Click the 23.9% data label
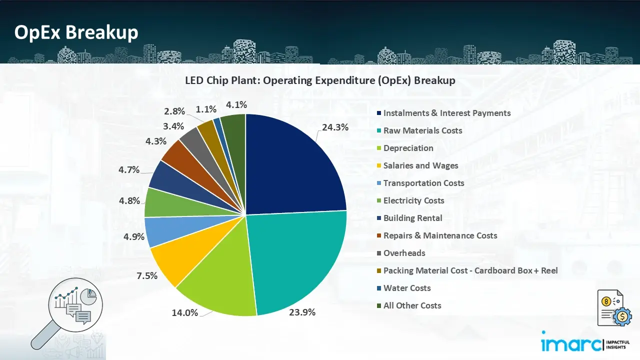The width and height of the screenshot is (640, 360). tap(303, 312)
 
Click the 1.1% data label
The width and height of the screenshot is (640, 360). tap(206, 109)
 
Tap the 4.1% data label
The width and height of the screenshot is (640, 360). tap(236, 104)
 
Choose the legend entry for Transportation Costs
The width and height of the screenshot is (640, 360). tap(423, 183)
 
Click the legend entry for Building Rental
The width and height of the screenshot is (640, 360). tap(412, 218)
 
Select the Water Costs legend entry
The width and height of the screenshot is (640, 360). tap(406, 288)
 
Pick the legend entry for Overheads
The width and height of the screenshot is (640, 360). tap(404, 253)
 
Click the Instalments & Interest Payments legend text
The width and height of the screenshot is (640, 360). tap(447, 113)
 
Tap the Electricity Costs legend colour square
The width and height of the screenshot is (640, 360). tap(379, 200)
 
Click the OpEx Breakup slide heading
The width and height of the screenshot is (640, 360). tap(76, 32)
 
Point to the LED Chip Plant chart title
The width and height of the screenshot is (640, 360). tap(320, 80)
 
